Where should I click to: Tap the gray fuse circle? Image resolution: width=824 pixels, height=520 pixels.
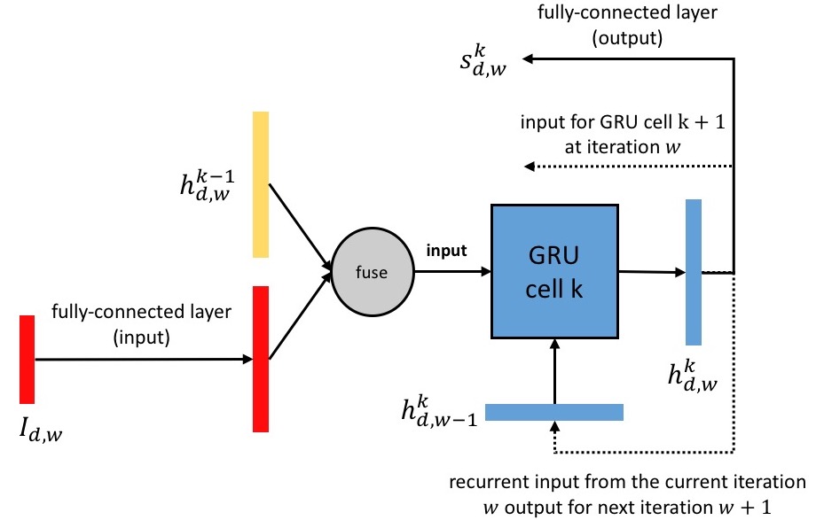coord(371,272)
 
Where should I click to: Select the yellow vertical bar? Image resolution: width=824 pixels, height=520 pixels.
coord(260,184)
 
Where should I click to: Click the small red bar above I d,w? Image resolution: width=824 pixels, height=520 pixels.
coord(27,359)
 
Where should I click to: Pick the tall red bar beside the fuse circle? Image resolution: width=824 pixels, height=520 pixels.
coord(260,359)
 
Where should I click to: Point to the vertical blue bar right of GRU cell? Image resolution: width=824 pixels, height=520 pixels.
coord(694,272)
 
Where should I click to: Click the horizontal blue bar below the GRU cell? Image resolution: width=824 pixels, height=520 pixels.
coord(554,412)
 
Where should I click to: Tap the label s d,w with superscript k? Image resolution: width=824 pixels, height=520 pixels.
coord(476,61)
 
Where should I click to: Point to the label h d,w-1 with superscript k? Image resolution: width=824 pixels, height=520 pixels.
coord(438,410)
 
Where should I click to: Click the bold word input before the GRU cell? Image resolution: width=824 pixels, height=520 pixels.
coord(445,251)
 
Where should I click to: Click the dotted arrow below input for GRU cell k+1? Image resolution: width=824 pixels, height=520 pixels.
coord(626,167)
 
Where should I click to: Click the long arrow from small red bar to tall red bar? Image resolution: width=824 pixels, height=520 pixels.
coord(142,360)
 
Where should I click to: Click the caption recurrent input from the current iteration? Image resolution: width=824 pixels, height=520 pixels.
coord(628,484)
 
